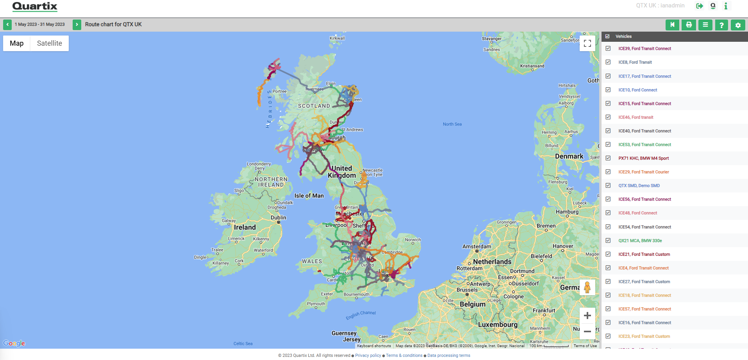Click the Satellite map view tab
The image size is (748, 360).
click(x=49, y=43)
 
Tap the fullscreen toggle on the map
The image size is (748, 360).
click(x=587, y=43)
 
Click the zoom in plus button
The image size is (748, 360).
click(x=587, y=315)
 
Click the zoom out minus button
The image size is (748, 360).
click(x=587, y=331)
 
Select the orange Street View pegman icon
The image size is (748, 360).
click(x=587, y=287)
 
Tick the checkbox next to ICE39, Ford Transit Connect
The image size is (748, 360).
click(x=608, y=48)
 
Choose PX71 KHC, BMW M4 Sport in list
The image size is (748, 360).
click(x=643, y=158)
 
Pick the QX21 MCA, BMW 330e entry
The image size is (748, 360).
click(x=640, y=241)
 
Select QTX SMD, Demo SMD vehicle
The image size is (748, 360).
click(x=639, y=185)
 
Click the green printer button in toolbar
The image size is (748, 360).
click(x=689, y=25)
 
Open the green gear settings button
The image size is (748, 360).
click(x=738, y=25)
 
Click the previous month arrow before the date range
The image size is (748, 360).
click(x=7, y=25)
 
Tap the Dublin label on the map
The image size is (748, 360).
click(x=278, y=218)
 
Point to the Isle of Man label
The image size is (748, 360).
click(x=309, y=196)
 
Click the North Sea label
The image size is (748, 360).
click(x=452, y=124)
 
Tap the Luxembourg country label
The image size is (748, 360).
click(x=498, y=324)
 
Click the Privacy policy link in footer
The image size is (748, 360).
click(x=368, y=355)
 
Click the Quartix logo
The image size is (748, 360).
click(x=35, y=6)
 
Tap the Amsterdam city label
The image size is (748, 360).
click(x=477, y=246)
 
